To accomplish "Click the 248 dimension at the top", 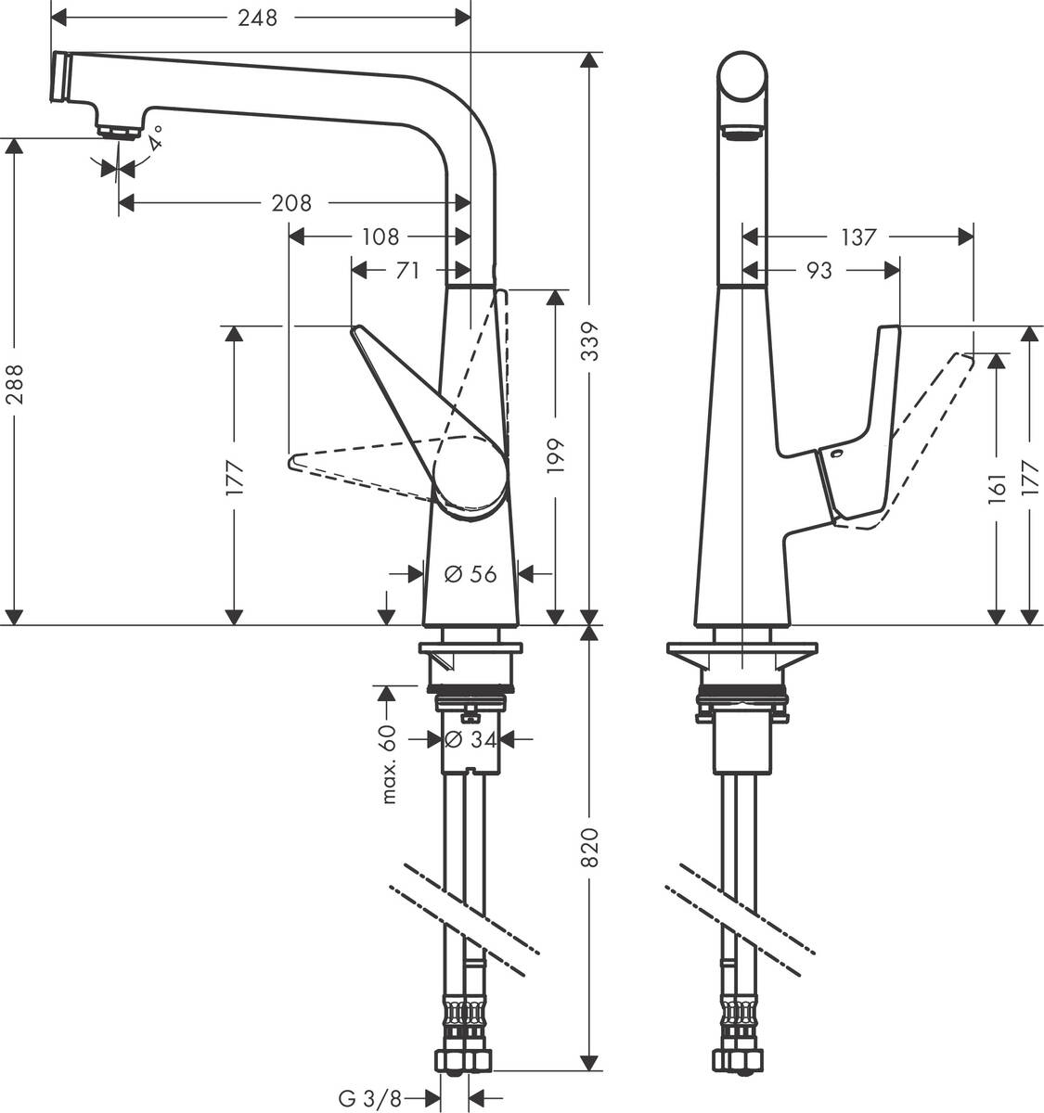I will (258, 18).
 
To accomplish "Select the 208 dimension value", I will (291, 202).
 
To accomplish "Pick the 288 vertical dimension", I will (15, 384).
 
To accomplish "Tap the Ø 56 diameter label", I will (470, 574).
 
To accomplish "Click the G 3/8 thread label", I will (369, 1099).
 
